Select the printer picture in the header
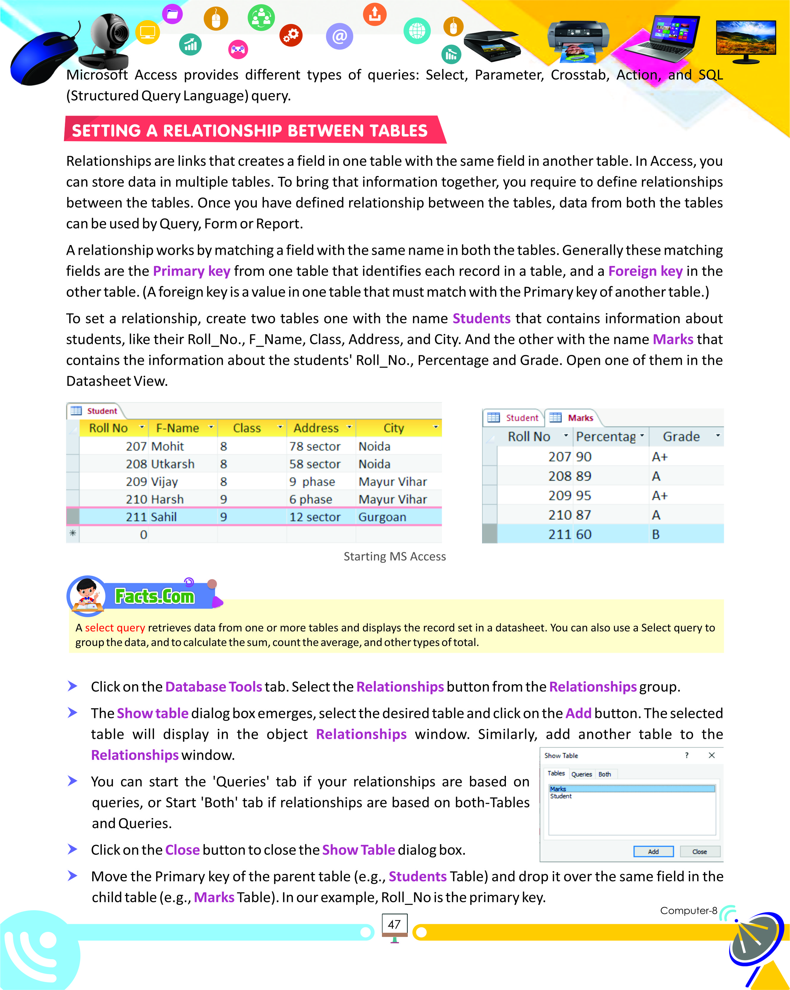click(577, 39)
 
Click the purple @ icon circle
click(339, 36)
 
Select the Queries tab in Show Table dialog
click(581, 774)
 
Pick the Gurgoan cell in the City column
click(382, 517)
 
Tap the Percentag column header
click(606, 437)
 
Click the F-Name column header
click(178, 428)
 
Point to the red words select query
click(115, 628)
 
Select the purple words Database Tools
click(214, 687)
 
